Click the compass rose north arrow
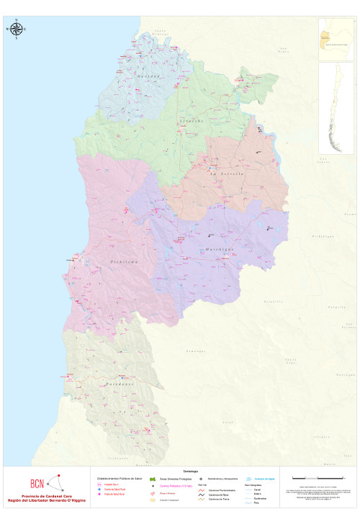tap(17, 29)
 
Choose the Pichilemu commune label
tap(123, 262)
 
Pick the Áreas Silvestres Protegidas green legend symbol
tap(153, 479)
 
